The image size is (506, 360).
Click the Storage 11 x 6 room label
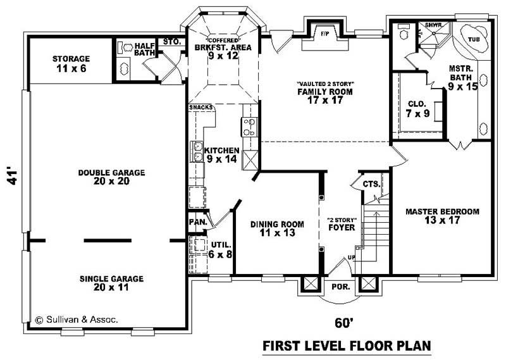coord(70,63)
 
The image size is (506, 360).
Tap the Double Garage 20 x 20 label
coord(112,177)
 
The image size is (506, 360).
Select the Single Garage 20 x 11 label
coord(111,283)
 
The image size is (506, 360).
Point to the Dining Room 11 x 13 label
coord(277,228)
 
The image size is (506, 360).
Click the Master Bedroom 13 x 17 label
coord(442,216)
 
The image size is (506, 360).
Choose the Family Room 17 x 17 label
coord(325,95)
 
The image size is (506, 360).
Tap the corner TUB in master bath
coord(474,38)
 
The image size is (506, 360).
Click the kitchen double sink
coord(197,152)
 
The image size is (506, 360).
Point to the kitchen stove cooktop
coord(249,127)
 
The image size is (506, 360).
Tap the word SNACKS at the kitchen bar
coord(201,108)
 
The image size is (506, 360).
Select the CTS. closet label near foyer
coord(371,184)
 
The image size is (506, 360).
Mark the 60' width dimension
coord(342,323)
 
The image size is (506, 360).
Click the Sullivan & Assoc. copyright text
coord(76,320)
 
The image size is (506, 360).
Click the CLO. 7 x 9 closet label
coord(417,108)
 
